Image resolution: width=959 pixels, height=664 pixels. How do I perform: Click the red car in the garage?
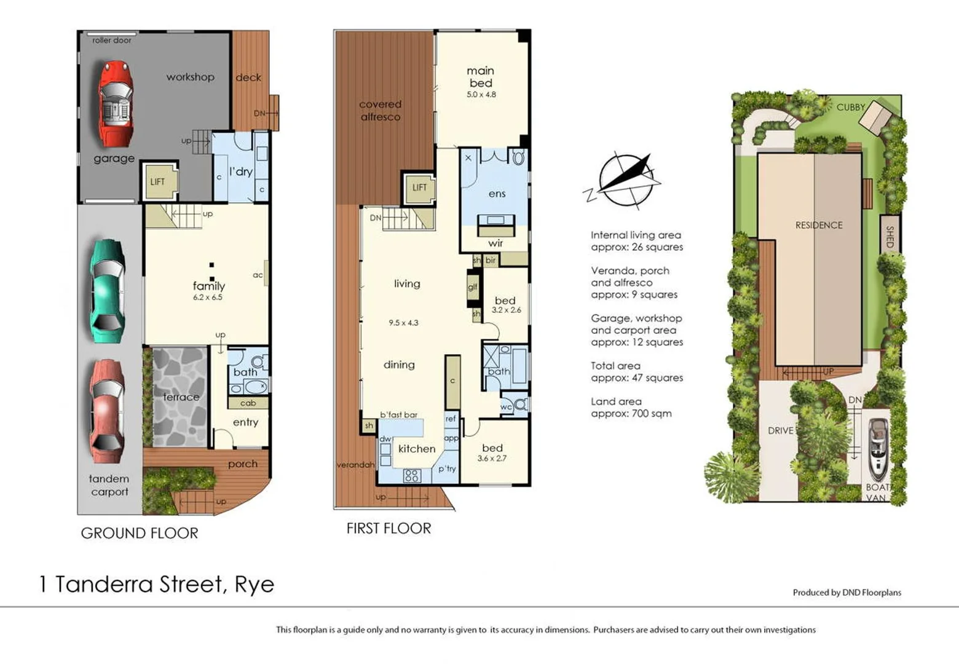pos(116,103)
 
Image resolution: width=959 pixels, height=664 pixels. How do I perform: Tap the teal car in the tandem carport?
pos(108,291)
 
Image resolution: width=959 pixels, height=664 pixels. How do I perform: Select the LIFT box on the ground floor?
pos(158,182)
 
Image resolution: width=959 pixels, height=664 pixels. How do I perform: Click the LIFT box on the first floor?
pos(419,188)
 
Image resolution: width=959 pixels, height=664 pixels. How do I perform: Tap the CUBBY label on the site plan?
pos(850,107)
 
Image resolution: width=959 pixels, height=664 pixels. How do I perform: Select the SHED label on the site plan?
pos(890,236)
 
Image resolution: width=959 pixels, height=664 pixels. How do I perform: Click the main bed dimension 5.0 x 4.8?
pos(481,95)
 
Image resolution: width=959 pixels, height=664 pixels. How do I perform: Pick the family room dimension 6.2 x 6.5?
pos(208,298)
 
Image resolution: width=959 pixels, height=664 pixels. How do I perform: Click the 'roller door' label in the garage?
pos(112,41)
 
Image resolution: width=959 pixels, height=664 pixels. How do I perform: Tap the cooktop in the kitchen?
pos(412,475)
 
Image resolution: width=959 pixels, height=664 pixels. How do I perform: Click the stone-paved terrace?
pos(180,397)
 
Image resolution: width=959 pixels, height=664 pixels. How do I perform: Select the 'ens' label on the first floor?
pos(497,194)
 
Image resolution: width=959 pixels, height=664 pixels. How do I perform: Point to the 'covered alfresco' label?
pos(380,111)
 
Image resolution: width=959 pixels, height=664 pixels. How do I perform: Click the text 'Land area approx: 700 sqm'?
pos(631,408)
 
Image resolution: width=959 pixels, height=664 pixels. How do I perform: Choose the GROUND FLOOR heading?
pos(140,533)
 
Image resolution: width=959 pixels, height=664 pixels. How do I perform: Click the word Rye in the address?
pos(254,584)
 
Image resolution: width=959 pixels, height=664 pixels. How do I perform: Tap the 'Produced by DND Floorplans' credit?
pos(847,593)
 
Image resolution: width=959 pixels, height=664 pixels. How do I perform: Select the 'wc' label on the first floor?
pos(506,407)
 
